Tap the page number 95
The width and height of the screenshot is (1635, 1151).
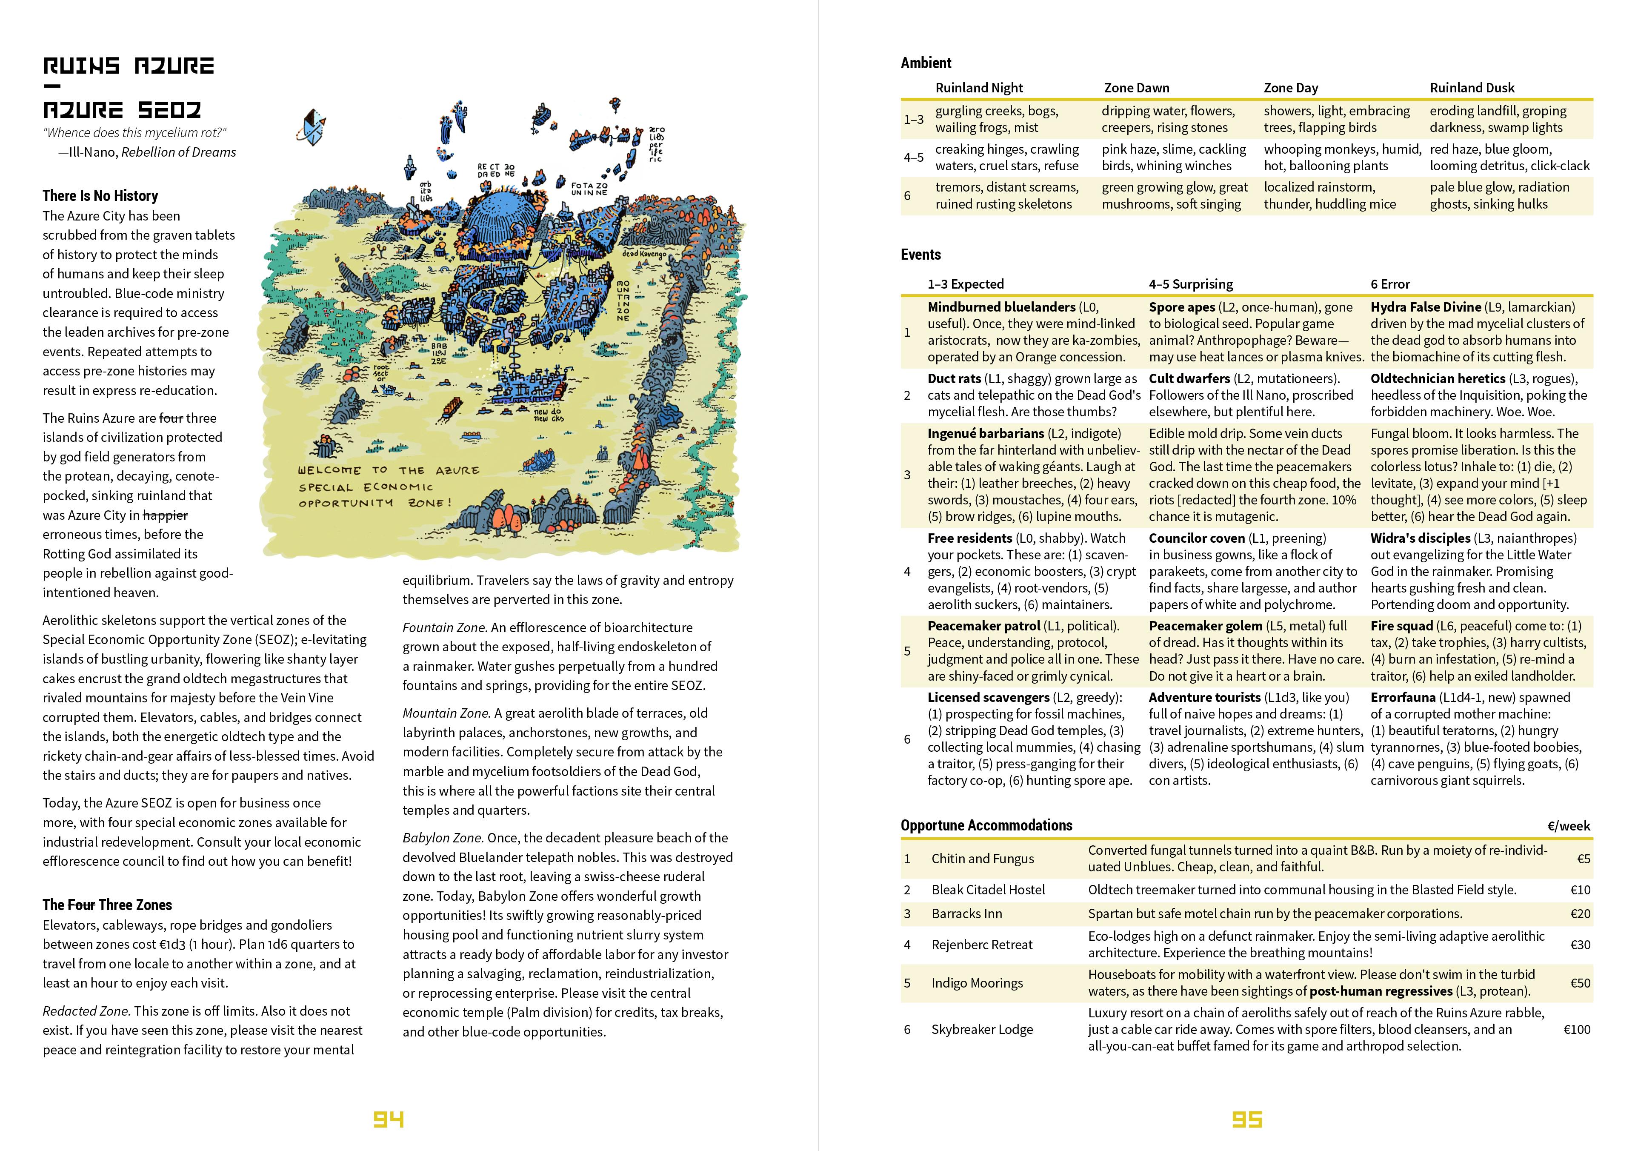1247,1120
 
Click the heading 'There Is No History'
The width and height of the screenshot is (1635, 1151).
100,196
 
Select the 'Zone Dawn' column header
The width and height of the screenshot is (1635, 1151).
1137,88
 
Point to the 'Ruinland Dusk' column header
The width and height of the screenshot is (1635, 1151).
1472,88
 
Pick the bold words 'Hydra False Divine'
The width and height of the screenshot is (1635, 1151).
1426,307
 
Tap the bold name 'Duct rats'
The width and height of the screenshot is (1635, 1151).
954,378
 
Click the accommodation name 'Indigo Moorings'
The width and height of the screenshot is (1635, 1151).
977,983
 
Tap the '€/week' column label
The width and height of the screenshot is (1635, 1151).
1568,825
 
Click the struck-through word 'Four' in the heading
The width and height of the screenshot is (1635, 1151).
81,905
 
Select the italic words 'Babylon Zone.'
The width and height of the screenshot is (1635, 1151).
443,838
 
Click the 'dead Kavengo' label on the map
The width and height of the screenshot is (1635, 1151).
644,254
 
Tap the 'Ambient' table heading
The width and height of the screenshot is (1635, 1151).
926,63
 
